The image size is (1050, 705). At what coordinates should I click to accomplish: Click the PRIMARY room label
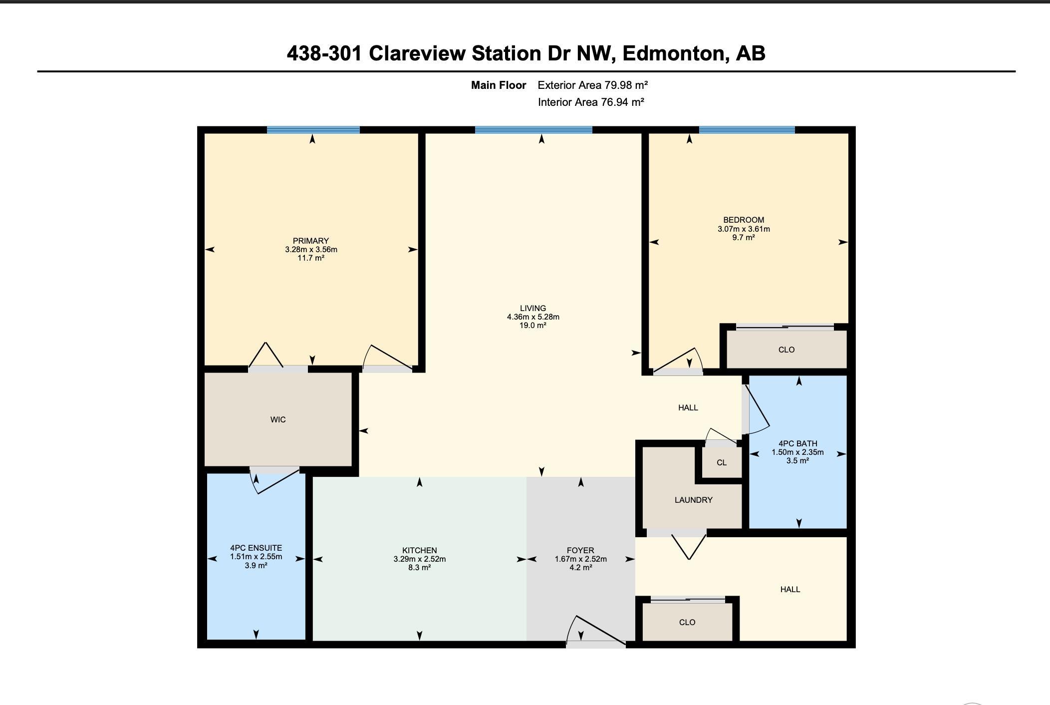point(311,241)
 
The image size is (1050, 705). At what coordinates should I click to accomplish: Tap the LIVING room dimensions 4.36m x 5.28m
point(533,317)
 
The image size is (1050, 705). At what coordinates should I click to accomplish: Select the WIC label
point(278,419)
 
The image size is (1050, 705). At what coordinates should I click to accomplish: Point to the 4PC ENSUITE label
point(256,548)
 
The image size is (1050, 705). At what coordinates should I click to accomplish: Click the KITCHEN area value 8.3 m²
point(419,567)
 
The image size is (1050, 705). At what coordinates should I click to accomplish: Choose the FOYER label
point(580,550)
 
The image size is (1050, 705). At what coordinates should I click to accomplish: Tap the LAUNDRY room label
point(694,500)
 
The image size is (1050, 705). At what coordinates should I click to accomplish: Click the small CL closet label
point(722,462)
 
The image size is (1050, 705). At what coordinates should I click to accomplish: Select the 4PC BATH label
point(797,443)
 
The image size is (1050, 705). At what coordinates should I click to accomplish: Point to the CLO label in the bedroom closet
point(787,350)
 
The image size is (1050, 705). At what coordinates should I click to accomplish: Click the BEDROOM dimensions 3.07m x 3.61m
point(744,229)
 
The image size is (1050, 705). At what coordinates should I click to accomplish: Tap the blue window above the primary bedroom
point(313,130)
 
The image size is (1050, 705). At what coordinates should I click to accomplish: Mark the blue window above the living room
point(533,130)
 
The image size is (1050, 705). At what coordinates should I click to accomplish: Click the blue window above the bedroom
point(747,130)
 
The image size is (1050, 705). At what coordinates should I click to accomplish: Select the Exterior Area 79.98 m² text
point(593,85)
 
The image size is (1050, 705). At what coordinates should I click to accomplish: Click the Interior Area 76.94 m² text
point(591,102)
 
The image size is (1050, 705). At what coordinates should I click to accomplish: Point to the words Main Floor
point(499,85)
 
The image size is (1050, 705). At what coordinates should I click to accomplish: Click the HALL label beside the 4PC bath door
point(688,407)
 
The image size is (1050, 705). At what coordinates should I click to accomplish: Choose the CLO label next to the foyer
point(687,622)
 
